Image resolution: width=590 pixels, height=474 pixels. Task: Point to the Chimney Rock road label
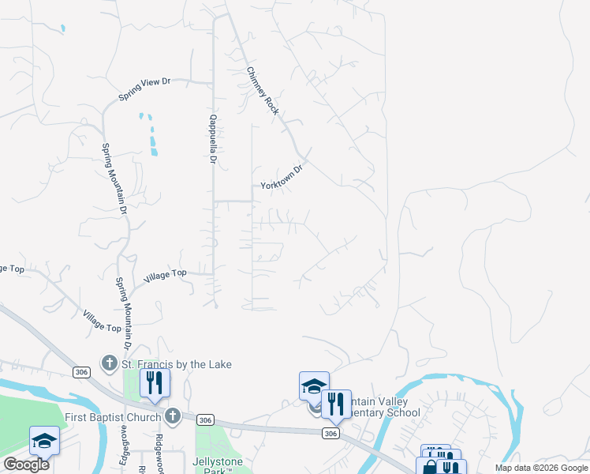(x=263, y=90)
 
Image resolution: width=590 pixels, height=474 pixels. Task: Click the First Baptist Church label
(x=111, y=416)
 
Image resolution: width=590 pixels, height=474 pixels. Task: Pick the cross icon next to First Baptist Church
(x=173, y=416)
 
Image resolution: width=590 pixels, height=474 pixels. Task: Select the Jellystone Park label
(x=218, y=464)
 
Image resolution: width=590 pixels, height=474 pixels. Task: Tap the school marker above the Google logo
(x=44, y=440)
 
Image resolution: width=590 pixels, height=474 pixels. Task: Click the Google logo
(x=26, y=464)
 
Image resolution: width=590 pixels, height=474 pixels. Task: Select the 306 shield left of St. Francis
(x=81, y=371)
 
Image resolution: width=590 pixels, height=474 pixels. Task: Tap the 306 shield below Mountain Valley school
(x=330, y=433)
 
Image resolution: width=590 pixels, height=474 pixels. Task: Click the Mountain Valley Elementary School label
(x=383, y=407)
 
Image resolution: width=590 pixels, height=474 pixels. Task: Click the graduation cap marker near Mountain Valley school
(x=314, y=387)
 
